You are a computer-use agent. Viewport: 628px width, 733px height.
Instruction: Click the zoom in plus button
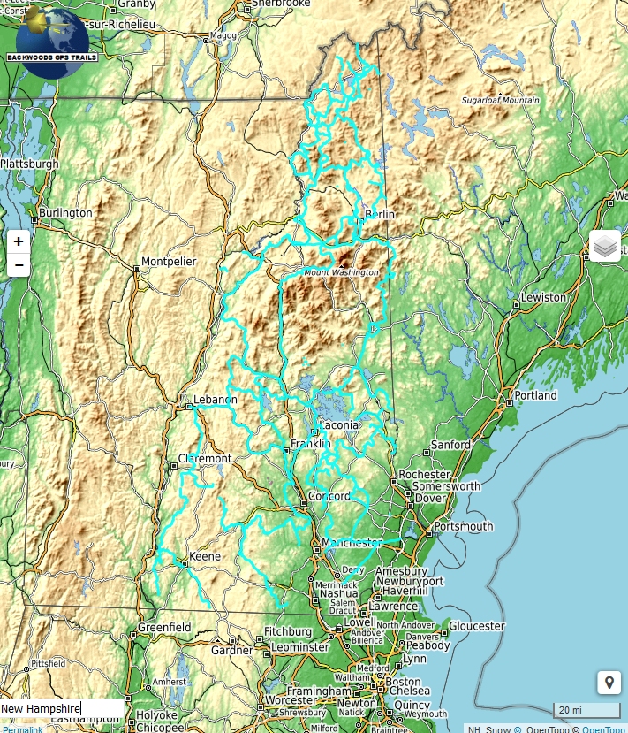point(19,241)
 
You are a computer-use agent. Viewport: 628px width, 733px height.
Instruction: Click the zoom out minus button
point(19,264)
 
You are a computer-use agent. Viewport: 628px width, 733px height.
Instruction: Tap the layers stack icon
point(605,247)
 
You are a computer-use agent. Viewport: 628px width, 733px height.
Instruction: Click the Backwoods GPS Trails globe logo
point(52,41)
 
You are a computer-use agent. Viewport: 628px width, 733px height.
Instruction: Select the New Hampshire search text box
point(62,708)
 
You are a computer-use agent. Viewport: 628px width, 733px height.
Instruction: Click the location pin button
point(609,683)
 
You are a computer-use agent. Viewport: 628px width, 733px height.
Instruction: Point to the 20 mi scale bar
point(586,710)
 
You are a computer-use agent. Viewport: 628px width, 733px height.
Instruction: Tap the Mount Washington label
point(341,273)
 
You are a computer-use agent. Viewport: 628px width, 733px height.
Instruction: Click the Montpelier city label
point(169,262)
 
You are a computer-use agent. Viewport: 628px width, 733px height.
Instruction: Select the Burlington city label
point(65,213)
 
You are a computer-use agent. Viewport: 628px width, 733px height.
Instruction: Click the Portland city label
point(536,395)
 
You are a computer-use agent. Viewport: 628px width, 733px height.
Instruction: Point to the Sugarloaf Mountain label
point(500,101)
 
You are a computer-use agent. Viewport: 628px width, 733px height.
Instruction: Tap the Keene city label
point(204,556)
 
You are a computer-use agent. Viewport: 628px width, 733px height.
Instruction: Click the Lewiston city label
point(543,297)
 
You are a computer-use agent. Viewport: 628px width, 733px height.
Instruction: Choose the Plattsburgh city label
point(30,164)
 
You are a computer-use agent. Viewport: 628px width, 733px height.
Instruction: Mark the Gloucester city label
point(477,625)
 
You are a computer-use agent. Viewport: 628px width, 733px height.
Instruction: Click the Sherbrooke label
point(281,4)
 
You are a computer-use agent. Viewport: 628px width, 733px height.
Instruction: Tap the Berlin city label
point(380,215)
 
